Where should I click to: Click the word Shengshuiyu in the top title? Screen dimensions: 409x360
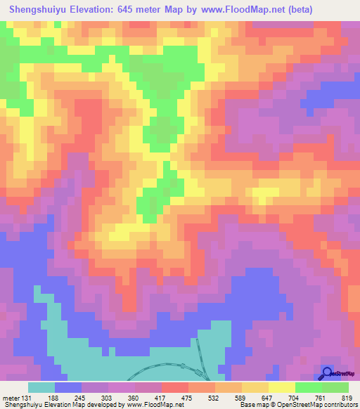click(x=39, y=8)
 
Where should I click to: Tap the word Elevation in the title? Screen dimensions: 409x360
click(x=98, y=8)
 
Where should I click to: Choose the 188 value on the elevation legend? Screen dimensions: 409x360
click(x=55, y=397)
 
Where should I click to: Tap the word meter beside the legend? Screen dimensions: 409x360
click(x=10, y=397)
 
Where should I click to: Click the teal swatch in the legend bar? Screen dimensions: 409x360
click(x=41, y=388)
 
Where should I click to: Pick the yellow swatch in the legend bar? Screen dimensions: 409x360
click(x=282, y=388)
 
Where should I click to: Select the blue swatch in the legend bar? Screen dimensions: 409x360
click(x=68, y=388)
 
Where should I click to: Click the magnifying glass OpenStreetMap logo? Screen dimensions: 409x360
click(x=327, y=372)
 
